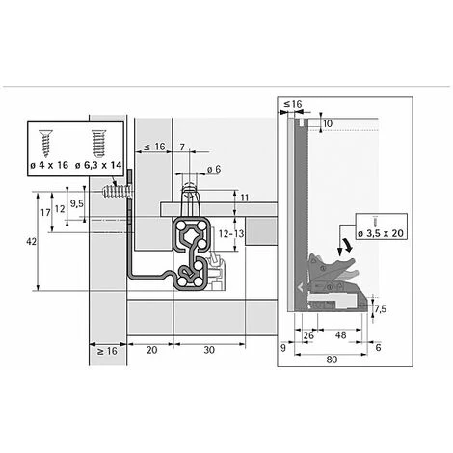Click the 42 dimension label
(31, 241)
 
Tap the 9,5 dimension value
(76, 203)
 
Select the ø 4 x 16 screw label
(49, 165)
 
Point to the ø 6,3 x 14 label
(98, 165)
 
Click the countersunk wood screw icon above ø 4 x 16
(45, 143)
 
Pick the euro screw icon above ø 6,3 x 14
(98, 143)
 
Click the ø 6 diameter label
(214, 169)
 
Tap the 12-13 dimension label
(231, 233)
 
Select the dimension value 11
(245, 198)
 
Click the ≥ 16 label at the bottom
(107, 351)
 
